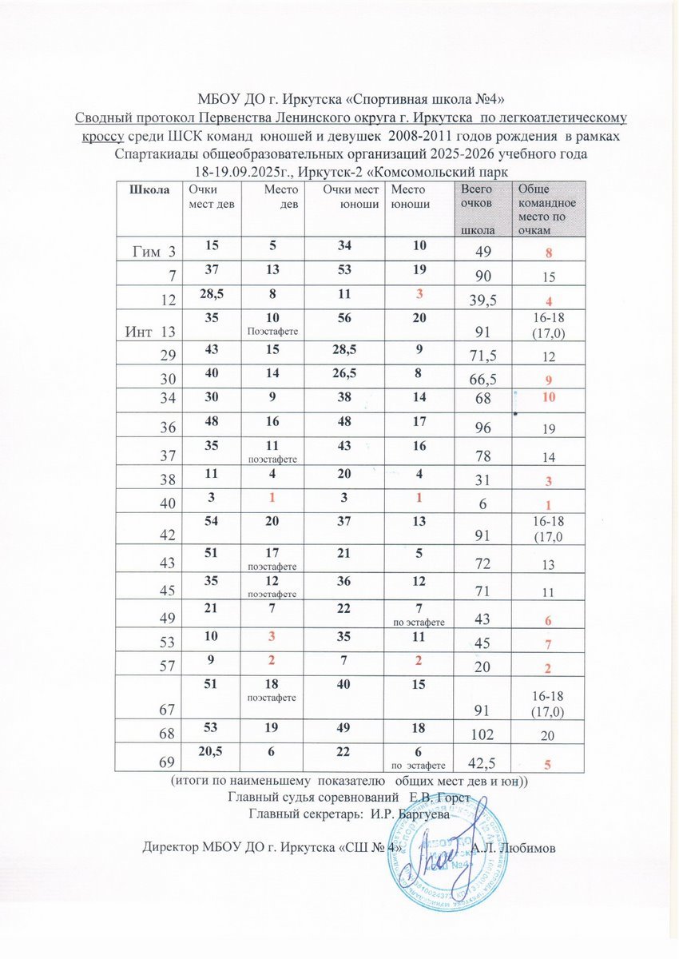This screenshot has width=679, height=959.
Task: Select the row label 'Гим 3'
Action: pyautogui.click(x=153, y=253)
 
